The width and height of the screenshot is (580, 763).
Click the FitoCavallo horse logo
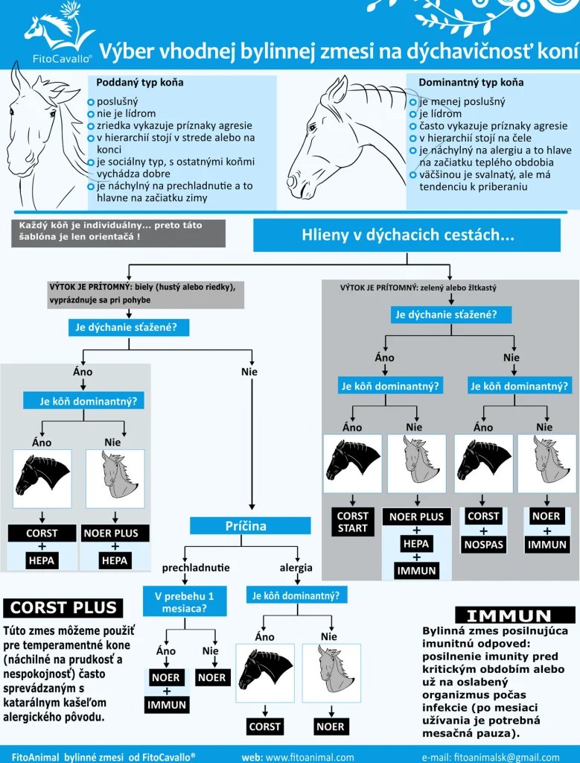click(60, 31)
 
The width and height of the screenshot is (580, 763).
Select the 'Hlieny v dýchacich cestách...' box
click(407, 235)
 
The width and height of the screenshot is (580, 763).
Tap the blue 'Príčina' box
click(250, 526)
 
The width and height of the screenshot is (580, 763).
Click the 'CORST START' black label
click(353, 522)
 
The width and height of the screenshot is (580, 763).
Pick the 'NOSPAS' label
click(484, 545)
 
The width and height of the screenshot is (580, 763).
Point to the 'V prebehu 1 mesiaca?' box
click(185, 602)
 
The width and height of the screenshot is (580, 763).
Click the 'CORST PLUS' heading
click(63, 608)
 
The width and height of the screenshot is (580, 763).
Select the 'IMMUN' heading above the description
click(509, 615)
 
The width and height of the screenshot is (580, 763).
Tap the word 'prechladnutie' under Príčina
click(196, 568)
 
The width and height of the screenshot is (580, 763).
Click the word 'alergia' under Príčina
click(296, 568)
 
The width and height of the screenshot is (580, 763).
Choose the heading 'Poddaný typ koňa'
click(140, 82)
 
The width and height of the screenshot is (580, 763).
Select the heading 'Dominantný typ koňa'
click(471, 82)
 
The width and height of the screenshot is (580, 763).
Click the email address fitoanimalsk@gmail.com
click(491, 757)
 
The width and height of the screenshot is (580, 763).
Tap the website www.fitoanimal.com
click(298, 757)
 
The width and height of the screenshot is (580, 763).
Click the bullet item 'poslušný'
click(117, 101)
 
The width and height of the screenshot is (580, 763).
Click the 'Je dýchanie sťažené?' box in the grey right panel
click(451, 314)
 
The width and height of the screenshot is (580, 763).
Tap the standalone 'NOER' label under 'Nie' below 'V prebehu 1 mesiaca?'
click(213, 677)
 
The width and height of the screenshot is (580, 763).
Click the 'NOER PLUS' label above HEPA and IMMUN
click(417, 517)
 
